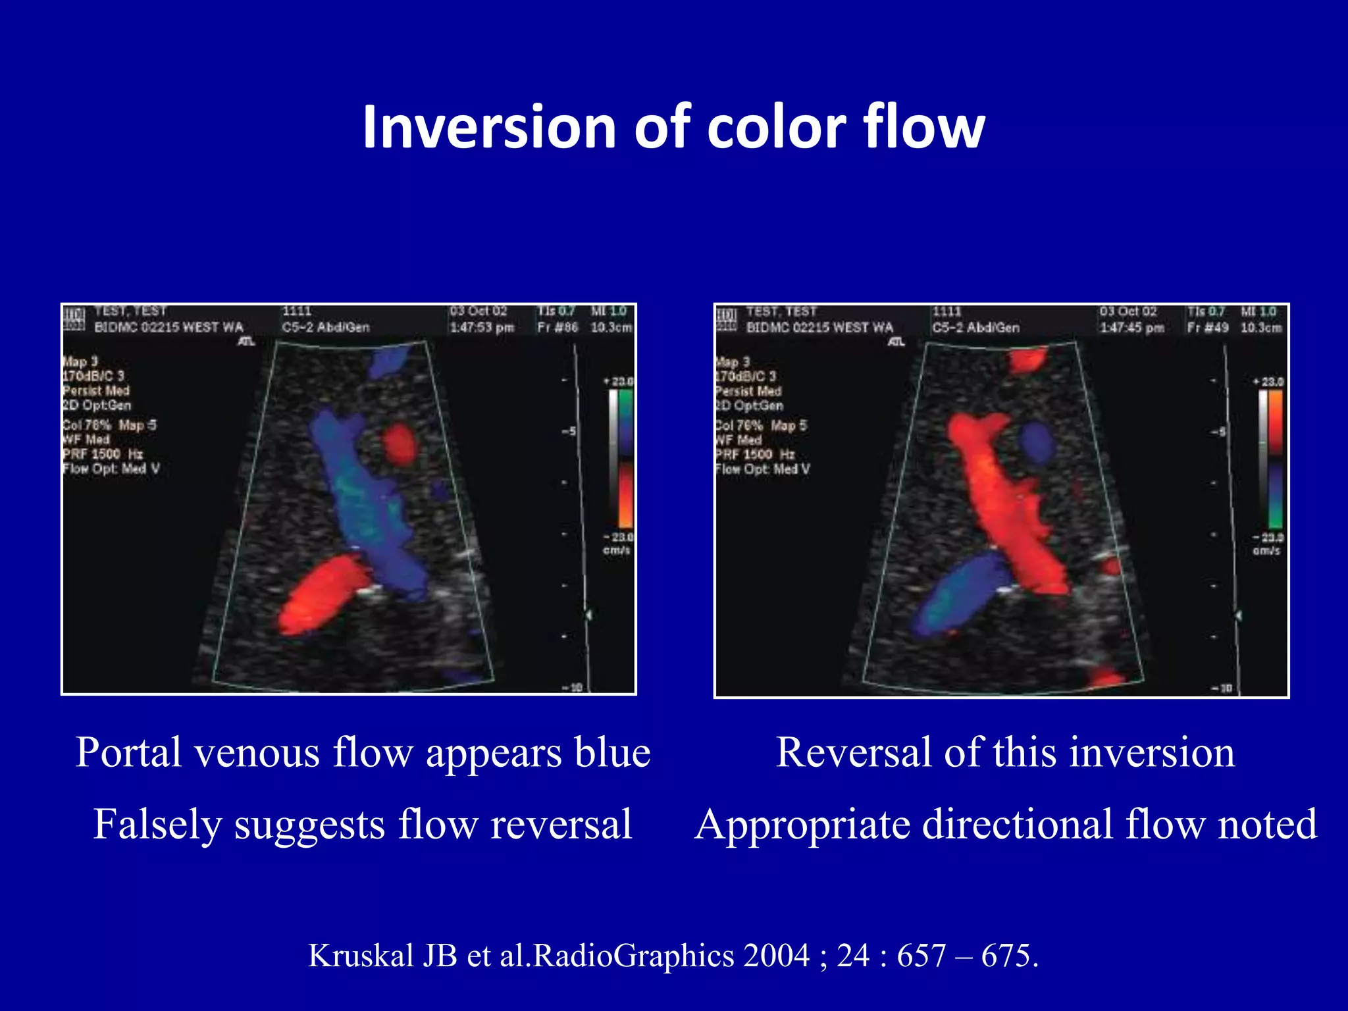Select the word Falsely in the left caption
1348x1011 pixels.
[157, 825]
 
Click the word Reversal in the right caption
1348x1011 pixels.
[854, 752]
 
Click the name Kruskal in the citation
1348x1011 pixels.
[361, 956]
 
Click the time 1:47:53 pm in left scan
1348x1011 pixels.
[481, 327]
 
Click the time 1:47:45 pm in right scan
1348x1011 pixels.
[1131, 327]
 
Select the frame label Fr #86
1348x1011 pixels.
[557, 327]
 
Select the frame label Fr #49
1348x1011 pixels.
[1207, 327]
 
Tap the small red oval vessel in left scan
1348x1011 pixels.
[400, 443]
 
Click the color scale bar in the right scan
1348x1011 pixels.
[1274, 459]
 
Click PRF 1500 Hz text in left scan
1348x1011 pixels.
[102, 454]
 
